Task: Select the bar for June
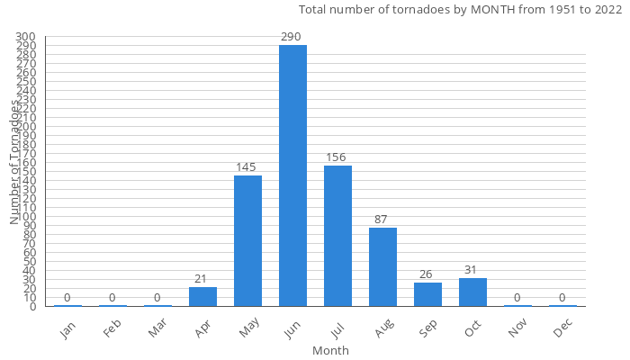[292, 175]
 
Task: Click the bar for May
[247, 240]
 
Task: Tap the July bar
[337, 236]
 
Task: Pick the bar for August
[382, 266]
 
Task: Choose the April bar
[202, 296]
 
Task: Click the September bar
[427, 294]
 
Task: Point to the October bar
[472, 292]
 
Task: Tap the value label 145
[247, 167]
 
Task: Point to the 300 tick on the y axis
[25, 37]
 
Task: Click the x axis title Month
[330, 350]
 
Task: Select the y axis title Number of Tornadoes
[15, 162]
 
